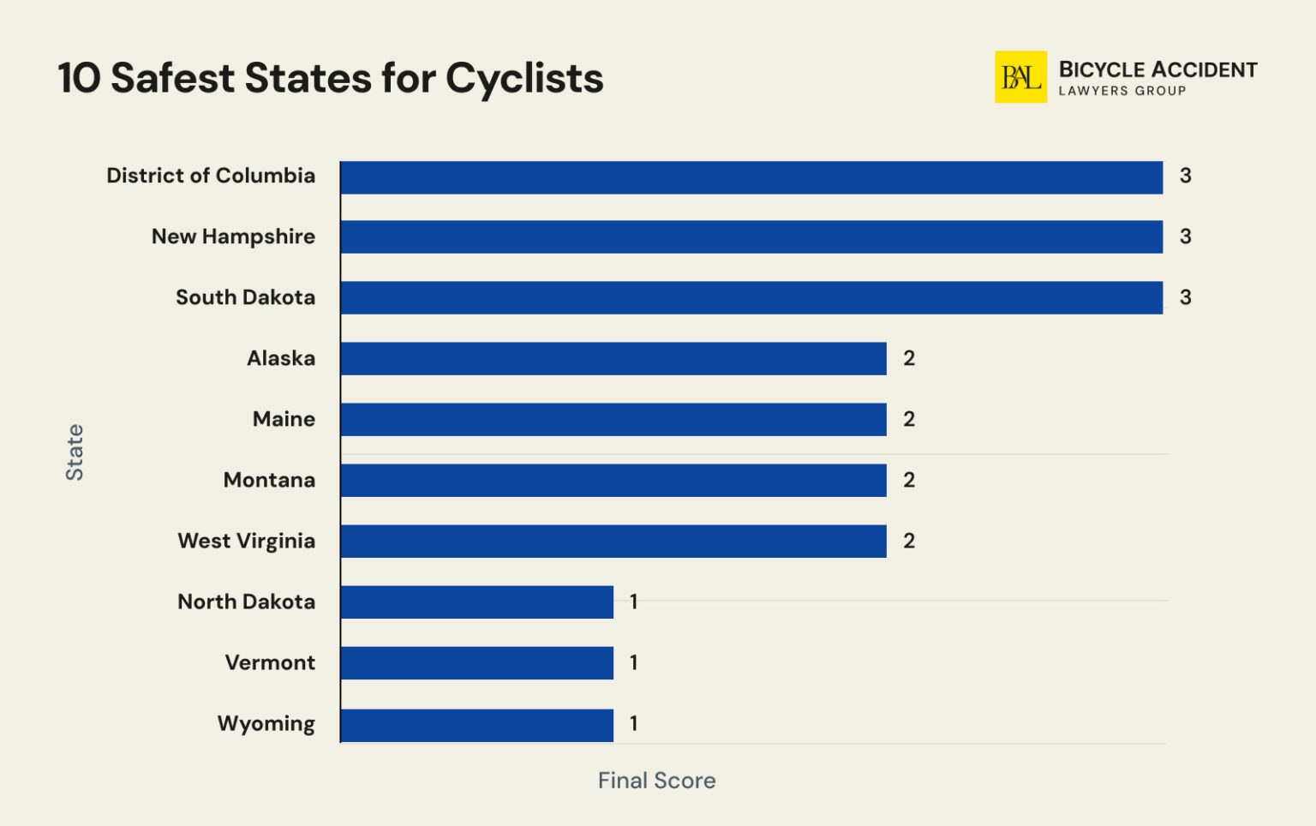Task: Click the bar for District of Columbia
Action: tap(751, 177)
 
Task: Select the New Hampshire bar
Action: tap(751, 236)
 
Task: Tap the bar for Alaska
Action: tap(613, 358)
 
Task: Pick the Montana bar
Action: tap(613, 480)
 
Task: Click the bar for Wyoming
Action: tap(477, 725)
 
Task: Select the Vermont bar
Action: tap(477, 663)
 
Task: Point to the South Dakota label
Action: tap(245, 297)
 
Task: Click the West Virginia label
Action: tap(246, 541)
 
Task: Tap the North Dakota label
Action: tap(246, 602)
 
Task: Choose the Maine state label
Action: tap(284, 419)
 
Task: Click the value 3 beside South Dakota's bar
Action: tap(1185, 297)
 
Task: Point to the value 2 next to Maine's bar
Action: tap(909, 419)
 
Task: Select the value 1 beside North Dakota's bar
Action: tap(633, 602)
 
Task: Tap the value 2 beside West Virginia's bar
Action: tap(909, 541)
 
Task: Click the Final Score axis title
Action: tap(656, 781)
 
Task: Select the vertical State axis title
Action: tap(75, 452)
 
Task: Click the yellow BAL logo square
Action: tap(1020, 77)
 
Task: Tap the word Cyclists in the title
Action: tap(524, 79)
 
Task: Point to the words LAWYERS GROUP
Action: tap(1122, 91)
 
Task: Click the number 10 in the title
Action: tap(79, 79)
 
